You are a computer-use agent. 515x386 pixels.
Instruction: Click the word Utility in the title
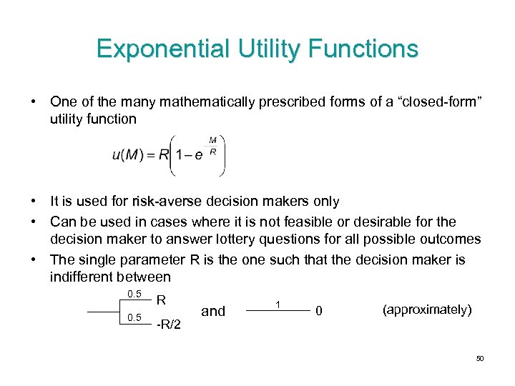[264, 49]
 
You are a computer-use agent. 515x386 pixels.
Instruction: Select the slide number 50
[479, 358]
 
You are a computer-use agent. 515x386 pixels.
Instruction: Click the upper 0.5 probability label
[134, 295]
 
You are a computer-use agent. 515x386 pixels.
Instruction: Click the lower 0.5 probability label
[134, 317]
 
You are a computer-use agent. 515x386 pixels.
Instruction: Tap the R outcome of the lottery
[161, 301]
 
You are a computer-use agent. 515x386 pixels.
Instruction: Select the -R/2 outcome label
[168, 327]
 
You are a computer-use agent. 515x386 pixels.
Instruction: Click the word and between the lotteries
[213, 311]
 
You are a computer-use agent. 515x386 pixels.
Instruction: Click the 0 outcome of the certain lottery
[321, 311]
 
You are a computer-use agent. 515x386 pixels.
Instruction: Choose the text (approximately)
[428, 310]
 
